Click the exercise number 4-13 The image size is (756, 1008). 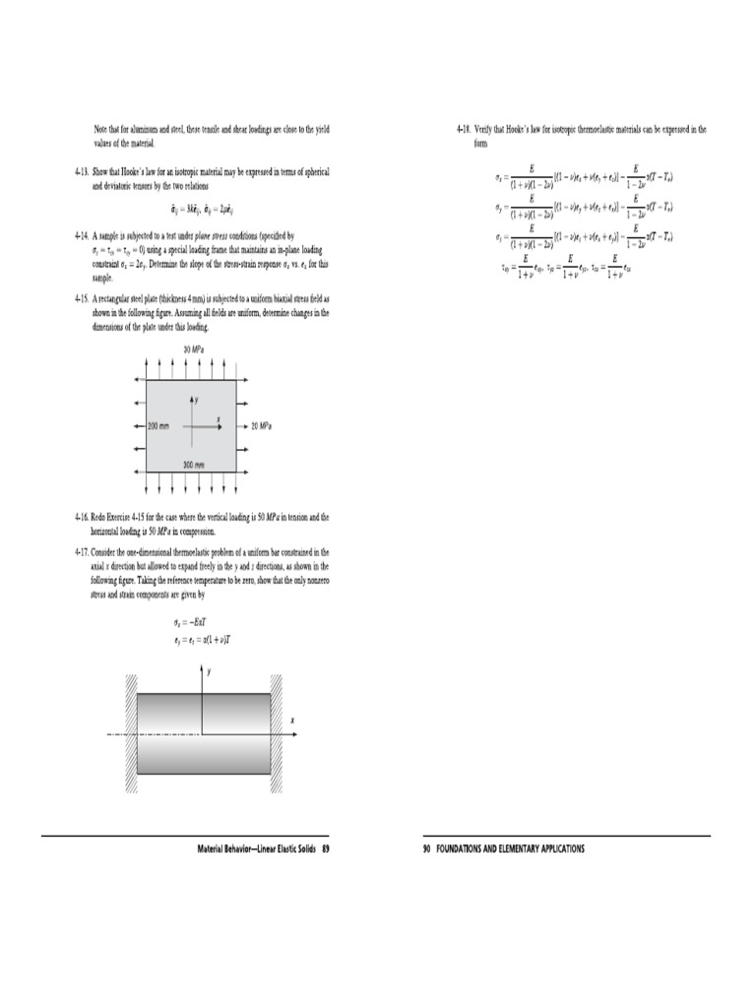pos(82,171)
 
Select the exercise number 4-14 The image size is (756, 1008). pos(82,236)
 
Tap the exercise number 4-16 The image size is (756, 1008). pos(82,516)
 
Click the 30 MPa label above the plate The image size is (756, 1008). pos(192,350)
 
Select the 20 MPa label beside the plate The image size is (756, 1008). pos(261,426)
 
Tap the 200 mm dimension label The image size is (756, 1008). pos(159,426)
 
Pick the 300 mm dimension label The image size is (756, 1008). pos(193,464)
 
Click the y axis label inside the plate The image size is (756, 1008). pos(197,400)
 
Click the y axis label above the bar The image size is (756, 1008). pos(210,669)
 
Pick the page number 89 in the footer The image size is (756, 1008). pos(324,849)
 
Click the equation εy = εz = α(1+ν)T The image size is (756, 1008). pos(203,640)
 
